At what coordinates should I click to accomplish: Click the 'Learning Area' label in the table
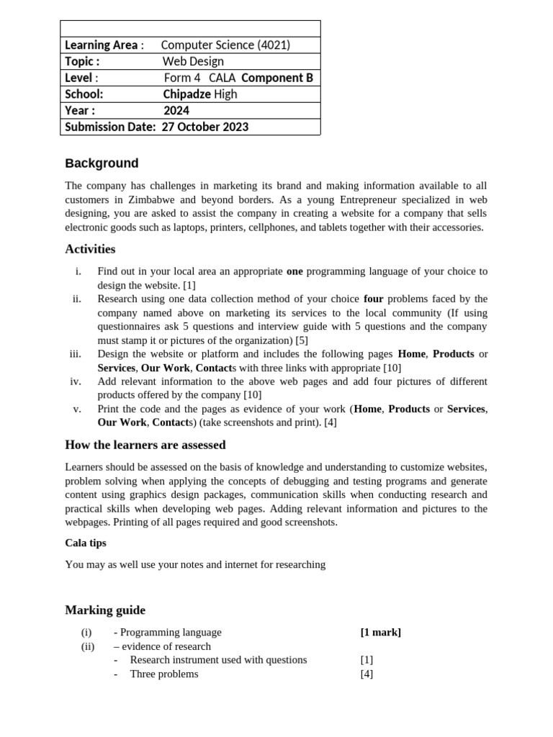coord(101,45)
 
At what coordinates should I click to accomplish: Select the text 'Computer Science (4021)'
coord(225,45)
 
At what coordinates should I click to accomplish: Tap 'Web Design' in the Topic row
coord(193,62)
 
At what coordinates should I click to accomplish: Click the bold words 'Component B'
coord(277,78)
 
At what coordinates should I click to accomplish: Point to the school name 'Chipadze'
coord(186,94)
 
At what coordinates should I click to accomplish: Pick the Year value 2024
coord(176,111)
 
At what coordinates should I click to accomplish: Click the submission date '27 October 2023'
coord(205,127)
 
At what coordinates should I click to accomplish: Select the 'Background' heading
coord(102,163)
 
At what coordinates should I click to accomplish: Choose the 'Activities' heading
coord(90,250)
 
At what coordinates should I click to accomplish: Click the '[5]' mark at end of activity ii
coord(301,340)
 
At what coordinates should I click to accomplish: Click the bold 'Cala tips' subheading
coord(86,543)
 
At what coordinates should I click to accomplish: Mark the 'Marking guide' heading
coord(105,610)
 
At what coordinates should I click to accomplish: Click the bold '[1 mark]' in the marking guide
coord(380,632)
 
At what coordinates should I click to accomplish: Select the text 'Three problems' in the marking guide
coord(163,674)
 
